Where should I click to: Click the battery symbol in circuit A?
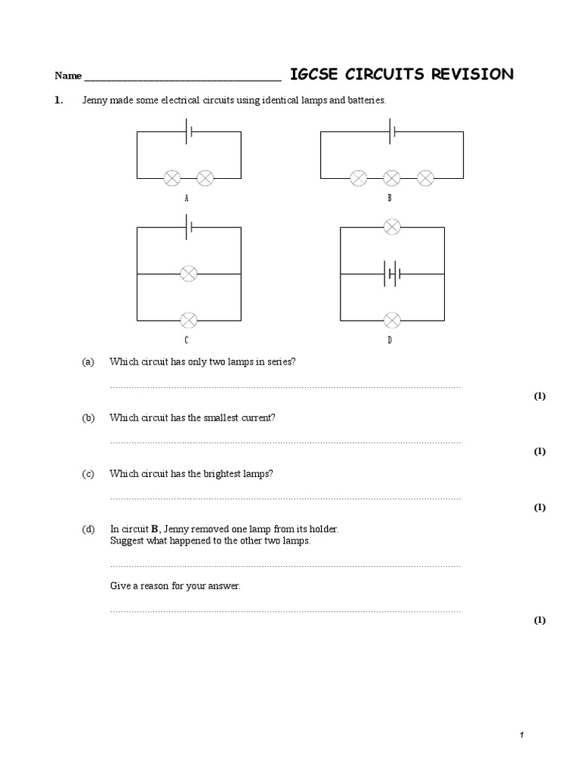click(189, 131)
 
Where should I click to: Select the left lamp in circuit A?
click(172, 178)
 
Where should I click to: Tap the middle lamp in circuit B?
click(391, 178)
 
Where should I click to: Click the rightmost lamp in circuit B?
click(426, 178)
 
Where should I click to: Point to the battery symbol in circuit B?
click(391, 131)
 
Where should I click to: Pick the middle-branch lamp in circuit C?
click(188, 273)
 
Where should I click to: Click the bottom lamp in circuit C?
click(188, 320)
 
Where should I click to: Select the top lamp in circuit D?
click(391, 226)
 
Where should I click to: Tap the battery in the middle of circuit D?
click(391, 273)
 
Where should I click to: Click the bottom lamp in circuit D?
click(391, 320)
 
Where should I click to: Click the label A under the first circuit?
click(187, 199)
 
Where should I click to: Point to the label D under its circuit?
click(390, 340)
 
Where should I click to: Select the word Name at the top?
click(67, 76)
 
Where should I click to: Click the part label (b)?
click(88, 417)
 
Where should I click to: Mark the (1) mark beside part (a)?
click(539, 396)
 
